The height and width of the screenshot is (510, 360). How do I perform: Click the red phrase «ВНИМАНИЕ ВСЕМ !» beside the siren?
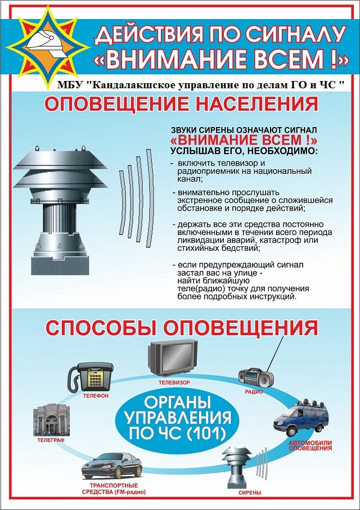[x=244, y=141]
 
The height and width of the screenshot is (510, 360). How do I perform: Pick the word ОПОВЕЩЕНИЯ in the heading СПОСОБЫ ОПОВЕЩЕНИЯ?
[x=240, y=327]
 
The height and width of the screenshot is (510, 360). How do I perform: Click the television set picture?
[x=173, y=358]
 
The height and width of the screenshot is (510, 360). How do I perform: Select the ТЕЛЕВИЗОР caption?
[x=174, y=383]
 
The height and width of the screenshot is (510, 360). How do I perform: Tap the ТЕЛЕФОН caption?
[x=96, y=396]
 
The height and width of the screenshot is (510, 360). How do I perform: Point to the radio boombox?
[x=256, y=378]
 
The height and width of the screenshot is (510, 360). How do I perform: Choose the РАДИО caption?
[x=254, y=392]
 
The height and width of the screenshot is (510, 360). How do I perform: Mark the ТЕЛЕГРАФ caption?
[x=51, y=440]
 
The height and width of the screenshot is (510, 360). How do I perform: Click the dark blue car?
[x=112, y=466]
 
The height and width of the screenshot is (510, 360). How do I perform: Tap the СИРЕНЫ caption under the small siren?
[x=250, y=493]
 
